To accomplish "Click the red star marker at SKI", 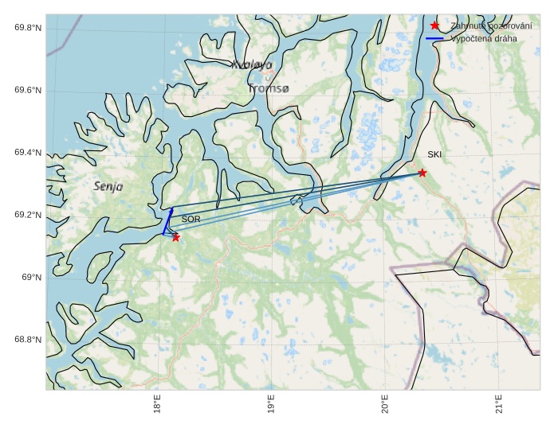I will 422,173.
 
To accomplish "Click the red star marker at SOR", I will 175,237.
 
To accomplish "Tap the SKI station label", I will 434,154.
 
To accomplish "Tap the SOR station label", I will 191,219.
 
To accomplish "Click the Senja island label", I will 108,186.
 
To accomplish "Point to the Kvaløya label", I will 252,64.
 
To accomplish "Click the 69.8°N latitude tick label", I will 28,28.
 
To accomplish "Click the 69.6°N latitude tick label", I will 28,90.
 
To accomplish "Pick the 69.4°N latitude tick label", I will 28,153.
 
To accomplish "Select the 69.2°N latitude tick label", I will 28,215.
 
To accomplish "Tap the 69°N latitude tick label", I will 31,278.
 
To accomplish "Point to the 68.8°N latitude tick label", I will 28,340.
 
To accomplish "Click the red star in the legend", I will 434,26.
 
